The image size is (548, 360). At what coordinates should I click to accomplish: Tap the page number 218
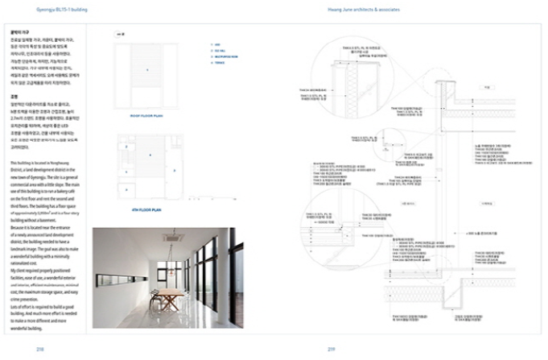click(x=40, y=349)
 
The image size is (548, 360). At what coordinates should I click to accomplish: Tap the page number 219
click(x=330, y=349)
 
